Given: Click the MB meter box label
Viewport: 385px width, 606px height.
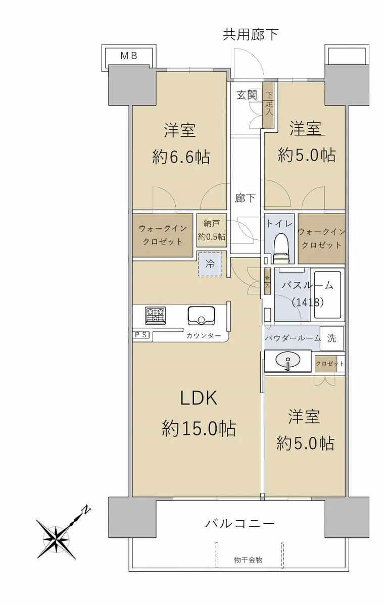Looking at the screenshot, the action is click(x=129, y=56).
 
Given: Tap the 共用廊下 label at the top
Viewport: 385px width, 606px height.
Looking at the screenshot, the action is click(x=251, y=35).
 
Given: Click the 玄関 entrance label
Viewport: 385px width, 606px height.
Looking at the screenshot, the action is click(x=247, y=95).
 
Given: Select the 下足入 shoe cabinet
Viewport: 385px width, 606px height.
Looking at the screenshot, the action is click(x=269, y=105).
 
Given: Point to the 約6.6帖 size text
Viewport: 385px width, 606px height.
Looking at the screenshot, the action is click(x=181, y=157).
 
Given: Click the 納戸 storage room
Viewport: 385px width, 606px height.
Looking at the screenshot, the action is click(x=212, y=230).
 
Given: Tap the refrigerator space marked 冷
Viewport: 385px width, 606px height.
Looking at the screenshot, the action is click(x=210, y=264).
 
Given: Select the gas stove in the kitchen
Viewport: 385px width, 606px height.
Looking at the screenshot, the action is click(x=156, y=315).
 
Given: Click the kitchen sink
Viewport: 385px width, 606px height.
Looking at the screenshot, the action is click(x=202, y=316).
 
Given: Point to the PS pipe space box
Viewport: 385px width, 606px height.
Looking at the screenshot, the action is click(x=141, y=335).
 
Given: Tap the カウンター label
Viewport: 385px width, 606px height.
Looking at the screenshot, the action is click(x=204, y=336).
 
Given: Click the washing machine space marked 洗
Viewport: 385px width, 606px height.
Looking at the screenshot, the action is click(x=331, y=338).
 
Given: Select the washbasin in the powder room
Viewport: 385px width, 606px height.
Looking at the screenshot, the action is click(x=288, y=361).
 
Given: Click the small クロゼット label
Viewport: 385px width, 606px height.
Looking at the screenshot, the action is click(x=330, y=363).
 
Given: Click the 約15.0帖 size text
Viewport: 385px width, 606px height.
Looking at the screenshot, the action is click(x=199, y=428).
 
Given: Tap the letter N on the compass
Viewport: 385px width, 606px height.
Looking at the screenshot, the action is click(x=86, y=510).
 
